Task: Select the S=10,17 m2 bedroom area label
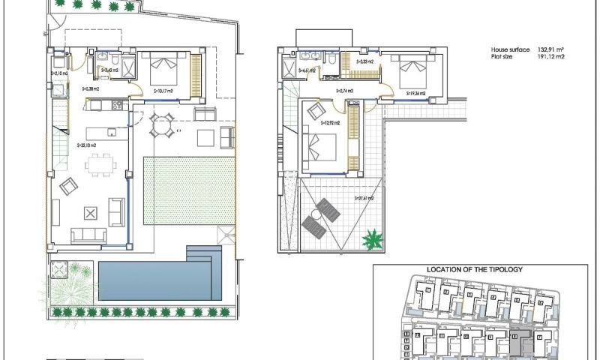pos(163,91)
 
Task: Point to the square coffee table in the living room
pos(91,213)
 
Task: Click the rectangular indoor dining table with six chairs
pos(98,163)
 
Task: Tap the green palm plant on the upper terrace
pos(373,240)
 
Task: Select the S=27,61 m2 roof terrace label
pos(364,199)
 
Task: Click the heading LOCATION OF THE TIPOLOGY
pos(474,268)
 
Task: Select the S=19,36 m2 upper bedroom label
pos(415,94)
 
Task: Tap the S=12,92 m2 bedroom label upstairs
pos(330,122)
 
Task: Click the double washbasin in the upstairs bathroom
pos(308,56)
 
